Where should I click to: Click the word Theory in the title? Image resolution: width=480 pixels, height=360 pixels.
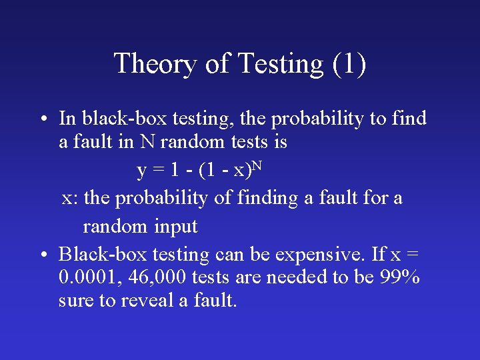click(155, 64)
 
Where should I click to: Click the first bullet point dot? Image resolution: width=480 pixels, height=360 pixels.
click(41, 120)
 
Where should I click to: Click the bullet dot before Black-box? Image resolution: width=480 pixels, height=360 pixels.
click(41, 255)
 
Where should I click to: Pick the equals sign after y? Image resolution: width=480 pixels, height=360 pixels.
click(158, 171)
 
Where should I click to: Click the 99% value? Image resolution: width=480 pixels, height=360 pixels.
click(400, 277)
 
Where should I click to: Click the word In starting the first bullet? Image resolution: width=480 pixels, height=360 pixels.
click(67, 119)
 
